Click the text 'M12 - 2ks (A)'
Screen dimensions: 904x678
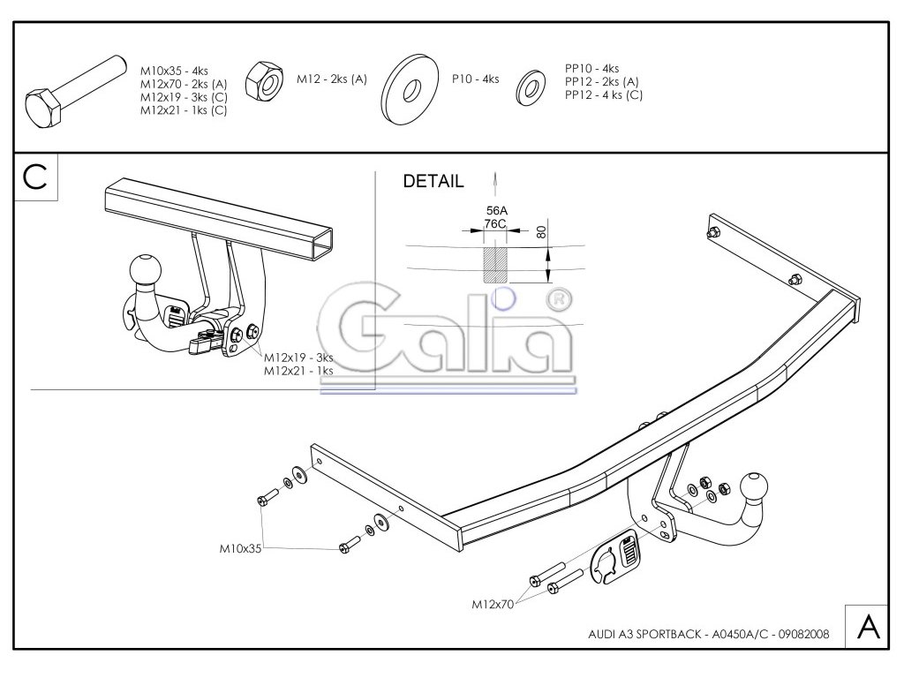tap(332, 79)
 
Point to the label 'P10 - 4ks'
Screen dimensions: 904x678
tap(475, 79)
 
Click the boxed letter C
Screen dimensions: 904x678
tap(36, 176)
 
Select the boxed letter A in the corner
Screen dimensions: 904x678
tap(868, 627)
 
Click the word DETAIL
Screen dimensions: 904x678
tap(433, 182)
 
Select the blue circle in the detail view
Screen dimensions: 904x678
tap(502, 298)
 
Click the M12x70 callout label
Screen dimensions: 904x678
tap(493, 604)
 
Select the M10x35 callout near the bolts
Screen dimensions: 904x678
tap(240, 548)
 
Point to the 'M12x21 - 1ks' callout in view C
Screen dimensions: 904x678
tap(298, 371)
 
